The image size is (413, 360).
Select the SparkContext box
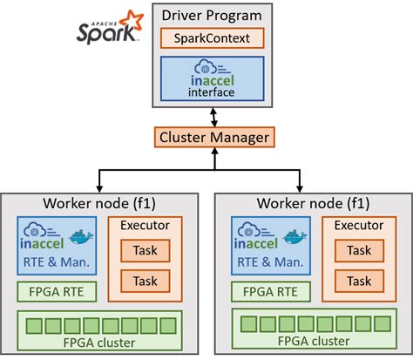coord(214,38)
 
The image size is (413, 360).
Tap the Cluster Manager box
coord(214,137)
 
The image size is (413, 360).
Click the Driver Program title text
coord(214,15)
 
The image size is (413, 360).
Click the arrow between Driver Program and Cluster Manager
coord(214,117)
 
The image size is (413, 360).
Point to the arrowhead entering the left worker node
coord(101,184)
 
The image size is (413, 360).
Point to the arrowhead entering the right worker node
coord(301,184)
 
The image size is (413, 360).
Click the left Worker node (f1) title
coord(101,203)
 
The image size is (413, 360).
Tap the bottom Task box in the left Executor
coord(146,280)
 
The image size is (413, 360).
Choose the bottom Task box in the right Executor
coord(357,280)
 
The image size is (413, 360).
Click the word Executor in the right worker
coord(357,226)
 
